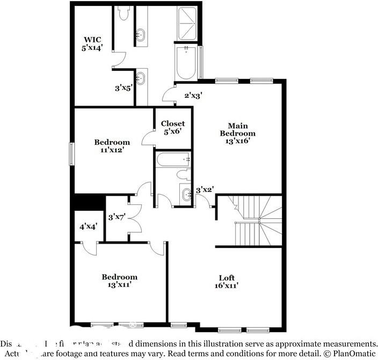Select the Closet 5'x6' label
(x=173, y=127)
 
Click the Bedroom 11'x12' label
(x=112, y=146)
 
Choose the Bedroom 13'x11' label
(x=120, y=281)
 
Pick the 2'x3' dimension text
(x=193, y=95)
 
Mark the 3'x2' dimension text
(x=205, y=189)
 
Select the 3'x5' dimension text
(x=123, y=87)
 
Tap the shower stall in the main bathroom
(x=188, y=24)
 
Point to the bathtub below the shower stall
(x=186, y=63)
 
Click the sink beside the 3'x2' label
(x=186, y=195)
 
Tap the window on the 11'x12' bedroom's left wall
(x=71, y=153)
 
